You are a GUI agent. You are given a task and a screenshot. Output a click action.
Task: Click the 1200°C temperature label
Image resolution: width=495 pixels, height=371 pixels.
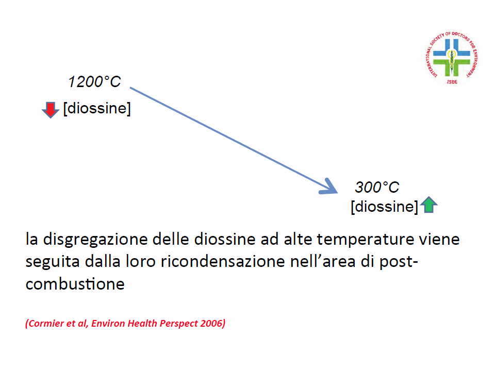coord(94,82)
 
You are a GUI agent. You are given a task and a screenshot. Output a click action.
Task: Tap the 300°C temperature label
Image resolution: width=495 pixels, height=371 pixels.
coord(377,187)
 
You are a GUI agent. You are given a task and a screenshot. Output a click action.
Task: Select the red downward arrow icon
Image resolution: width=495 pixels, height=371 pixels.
coord(51,109)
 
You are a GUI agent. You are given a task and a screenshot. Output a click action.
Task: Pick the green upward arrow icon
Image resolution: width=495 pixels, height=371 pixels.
coord(428,205)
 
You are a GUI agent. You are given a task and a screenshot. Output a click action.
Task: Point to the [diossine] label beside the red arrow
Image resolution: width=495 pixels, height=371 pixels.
coord(97,108)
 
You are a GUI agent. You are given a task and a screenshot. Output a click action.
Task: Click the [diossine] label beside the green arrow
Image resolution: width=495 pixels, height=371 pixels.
coord(385,207)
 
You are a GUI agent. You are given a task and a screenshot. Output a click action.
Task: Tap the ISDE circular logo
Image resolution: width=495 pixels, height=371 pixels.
coord(452,58)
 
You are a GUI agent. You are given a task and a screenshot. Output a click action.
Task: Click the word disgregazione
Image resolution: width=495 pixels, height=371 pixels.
coord(95,240)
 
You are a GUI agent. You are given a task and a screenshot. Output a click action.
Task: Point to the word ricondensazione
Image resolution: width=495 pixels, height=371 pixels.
coord(223,262)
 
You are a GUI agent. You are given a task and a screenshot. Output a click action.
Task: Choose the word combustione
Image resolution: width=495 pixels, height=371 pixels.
coord(75,284)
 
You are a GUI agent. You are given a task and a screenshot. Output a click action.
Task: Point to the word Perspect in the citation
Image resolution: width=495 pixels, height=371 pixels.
coord(178,324)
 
